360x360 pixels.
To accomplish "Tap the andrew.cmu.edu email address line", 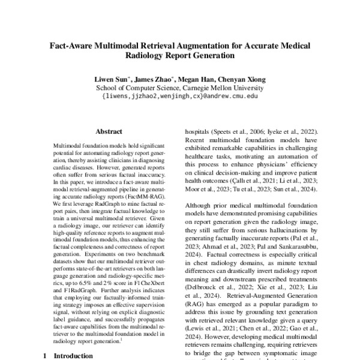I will [x=180, y=95].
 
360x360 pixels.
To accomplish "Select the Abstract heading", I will [x=109, y=131].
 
